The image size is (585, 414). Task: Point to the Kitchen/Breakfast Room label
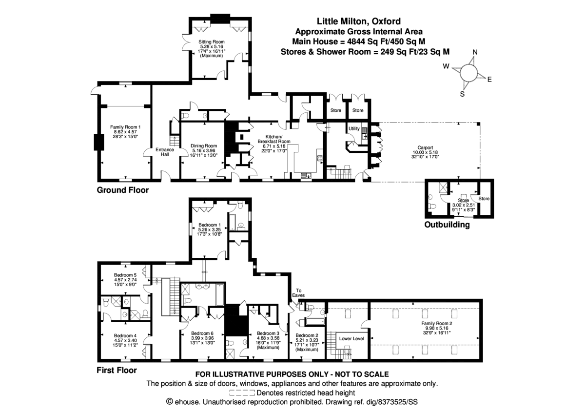click(x=274, y=139)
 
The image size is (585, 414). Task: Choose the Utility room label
click(x=353, y=128)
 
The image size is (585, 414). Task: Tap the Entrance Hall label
click(x=162, y=152)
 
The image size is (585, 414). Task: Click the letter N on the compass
click(x=475, y=53)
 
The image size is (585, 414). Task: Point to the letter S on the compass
click(x=462, y=95)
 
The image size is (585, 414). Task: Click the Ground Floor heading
click(x=122, y=190)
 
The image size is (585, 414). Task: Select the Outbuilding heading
click(x=447, y=225)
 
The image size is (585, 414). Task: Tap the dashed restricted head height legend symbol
click(x=241, y=393)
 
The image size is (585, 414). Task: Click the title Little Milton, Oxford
click(x=359, y=21)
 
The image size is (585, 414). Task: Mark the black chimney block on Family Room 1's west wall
click(x=97, y=142)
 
